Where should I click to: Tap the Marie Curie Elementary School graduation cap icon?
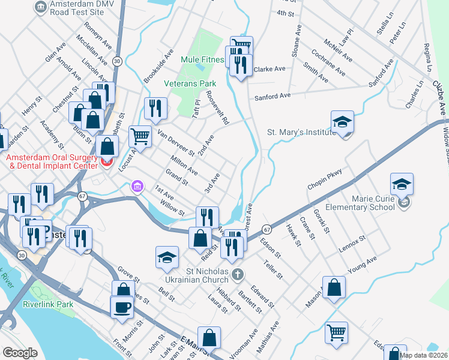[402, 184]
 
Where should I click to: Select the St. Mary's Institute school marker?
[342, 122]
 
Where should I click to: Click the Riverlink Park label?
[48, 304]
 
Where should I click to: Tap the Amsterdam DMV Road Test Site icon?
[40, 7]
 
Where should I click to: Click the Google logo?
[20, 353]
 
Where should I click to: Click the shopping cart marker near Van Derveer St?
[140, 136]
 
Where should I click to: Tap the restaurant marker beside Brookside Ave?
[155, 108]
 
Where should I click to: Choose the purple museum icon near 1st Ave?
[137, 187]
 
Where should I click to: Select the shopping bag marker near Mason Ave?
[334, 287]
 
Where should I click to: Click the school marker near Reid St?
[167, 257]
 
